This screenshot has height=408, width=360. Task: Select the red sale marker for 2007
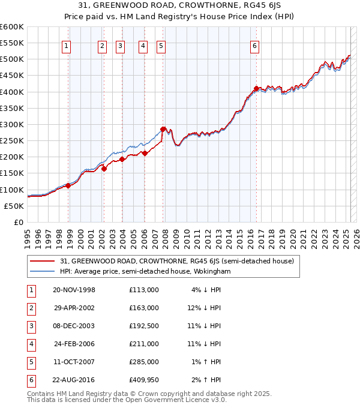tap(163, 129)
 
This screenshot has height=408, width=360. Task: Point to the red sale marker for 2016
tap(257, 88)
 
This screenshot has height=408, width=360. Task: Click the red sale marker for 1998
tap(68, 185)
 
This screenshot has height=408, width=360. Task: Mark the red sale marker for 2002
tap(104, 169)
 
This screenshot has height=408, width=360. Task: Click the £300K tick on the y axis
tap(12, 124)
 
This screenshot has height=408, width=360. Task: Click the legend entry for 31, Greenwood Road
tap(176, 261)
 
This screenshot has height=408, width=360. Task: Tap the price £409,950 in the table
tap(144, 380)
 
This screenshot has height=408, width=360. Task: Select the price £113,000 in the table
tap(144, 290)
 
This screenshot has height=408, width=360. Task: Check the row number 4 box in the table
tap(30, 344)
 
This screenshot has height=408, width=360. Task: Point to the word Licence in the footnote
tap(182, 400)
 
